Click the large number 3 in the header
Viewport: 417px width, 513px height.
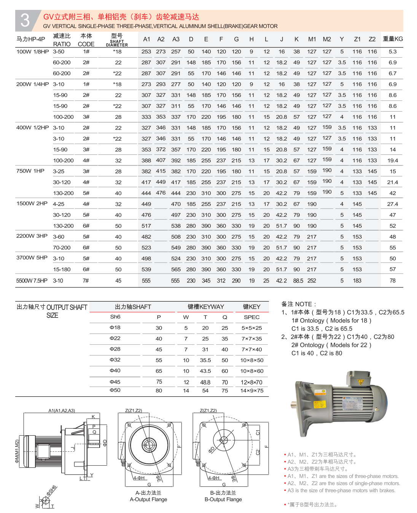(25, 20)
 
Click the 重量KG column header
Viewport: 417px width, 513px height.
(393, 39)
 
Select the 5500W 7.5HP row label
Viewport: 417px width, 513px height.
(32, 281)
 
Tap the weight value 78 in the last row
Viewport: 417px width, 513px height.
(393, 281)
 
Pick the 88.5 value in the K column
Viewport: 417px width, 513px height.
(298, 281)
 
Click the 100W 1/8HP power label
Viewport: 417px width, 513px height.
(32, 51)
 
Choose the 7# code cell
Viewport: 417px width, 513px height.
(86, 281)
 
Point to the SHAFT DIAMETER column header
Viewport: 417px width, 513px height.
(117, 43)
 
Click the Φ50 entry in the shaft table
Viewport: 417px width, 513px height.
(115, 390)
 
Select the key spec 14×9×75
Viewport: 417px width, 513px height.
(252, 391)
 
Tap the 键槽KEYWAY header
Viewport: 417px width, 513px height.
(206, 307)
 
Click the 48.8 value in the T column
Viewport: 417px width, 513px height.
(205, 382)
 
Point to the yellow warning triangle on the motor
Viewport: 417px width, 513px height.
(361, 382)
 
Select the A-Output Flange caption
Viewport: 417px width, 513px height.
(148, 499)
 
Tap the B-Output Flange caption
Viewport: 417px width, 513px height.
(223, 499)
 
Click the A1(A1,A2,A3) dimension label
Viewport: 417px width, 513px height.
(62, 410)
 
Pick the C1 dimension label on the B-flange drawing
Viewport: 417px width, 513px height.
(258, 433)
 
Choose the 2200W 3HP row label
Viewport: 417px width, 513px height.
(32, 236)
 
